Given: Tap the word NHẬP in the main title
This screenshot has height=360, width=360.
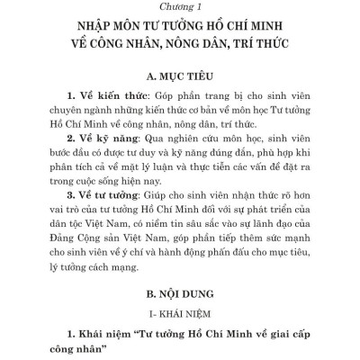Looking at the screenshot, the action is [x=88, y=25].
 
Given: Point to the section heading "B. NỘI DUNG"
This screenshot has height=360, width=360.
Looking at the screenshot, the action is [x=179, y=292].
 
